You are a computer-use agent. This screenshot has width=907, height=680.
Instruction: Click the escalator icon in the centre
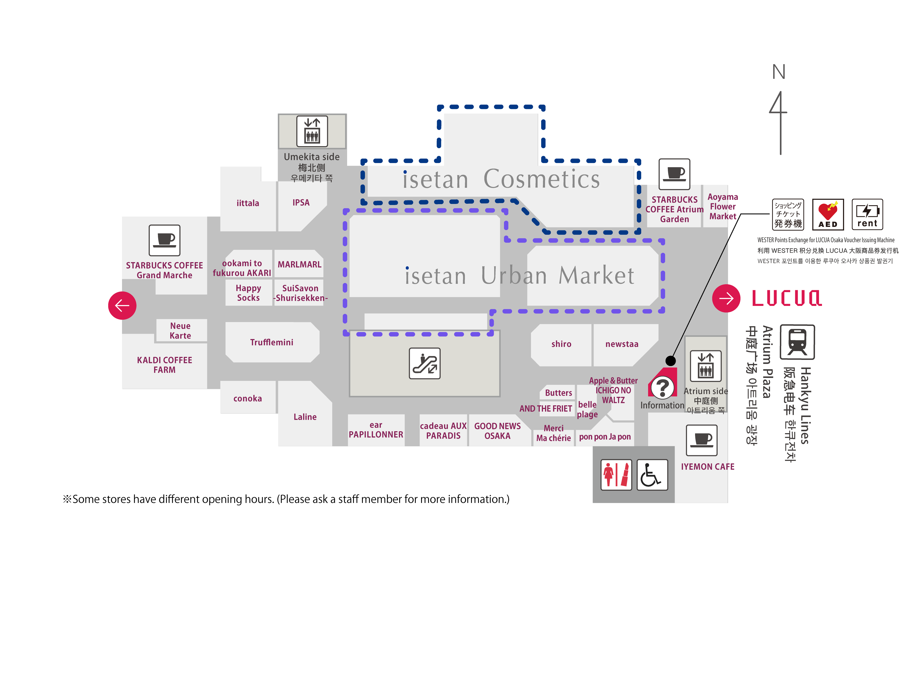click(x=424, y=363)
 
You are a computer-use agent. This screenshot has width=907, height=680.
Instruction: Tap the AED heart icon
click(x=828, y=214)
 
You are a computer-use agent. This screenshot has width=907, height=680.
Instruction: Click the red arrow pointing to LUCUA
click(x=726, y=298)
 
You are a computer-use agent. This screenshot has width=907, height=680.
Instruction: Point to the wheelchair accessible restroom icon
click(x=652, y=475)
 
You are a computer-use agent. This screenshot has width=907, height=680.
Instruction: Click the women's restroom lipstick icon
click(x=616, y=475)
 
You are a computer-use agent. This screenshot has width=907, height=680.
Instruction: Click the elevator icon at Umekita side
click(x=312, y=131)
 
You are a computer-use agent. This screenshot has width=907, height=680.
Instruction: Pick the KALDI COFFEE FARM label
click(x=165, y=365)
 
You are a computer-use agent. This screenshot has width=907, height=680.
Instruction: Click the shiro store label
click(x=561, y=344)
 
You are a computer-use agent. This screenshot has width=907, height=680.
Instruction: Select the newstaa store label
click(x=622, y=344)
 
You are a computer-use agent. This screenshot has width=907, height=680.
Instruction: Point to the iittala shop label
click(x=248, y=203)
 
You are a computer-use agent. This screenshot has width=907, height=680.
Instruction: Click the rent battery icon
click(x=867, y=214)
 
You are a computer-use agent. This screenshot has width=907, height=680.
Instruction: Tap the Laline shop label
click(x=305, y=417)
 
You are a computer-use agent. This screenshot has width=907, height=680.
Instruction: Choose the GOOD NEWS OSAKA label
click(x=497, y=431)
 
